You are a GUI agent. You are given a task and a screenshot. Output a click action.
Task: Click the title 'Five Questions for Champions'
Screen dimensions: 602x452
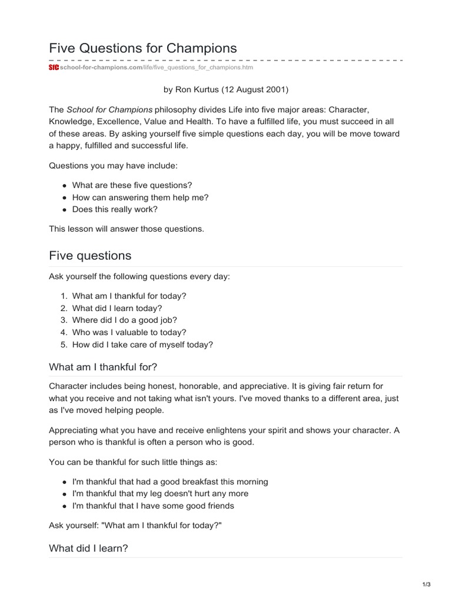point(143,48)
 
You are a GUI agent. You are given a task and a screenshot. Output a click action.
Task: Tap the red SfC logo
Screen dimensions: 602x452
point(54,68)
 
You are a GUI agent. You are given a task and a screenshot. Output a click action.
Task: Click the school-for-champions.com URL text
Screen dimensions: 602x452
point(101,68)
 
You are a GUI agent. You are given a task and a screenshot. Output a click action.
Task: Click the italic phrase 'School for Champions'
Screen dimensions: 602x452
point(109,110)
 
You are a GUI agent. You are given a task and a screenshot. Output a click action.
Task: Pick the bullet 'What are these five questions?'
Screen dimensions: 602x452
point(132,185)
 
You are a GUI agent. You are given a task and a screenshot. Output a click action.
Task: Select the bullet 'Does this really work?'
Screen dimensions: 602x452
point(115,209)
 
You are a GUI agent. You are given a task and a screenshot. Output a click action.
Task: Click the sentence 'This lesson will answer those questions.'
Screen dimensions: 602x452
point(127,229)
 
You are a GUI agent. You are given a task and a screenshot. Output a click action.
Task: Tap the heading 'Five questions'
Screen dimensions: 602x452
point(90,256)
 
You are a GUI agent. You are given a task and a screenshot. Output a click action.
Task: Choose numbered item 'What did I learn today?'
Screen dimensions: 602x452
point(117,308)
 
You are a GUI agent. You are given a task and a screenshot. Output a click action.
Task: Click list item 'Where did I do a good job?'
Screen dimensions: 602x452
point(124,320)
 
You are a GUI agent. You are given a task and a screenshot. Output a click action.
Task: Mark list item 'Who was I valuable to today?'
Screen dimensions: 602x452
point(129,332)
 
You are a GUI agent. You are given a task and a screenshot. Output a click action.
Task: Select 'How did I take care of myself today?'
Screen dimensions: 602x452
point(142,345)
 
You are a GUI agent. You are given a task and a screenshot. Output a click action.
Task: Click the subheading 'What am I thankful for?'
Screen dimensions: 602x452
point(103,367)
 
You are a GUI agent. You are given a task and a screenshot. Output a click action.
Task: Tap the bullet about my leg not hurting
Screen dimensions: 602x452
point(160,493)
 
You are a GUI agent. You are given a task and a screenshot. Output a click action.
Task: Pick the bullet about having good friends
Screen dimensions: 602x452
point(153,506)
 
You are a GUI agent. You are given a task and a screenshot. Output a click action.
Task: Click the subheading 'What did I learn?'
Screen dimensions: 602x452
point(88,548)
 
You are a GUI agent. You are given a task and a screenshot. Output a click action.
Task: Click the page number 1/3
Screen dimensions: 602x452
point(427,584)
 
